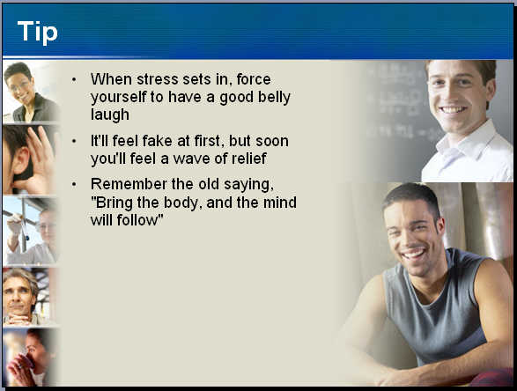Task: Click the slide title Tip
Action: click(38, 33)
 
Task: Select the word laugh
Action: click(110, 115)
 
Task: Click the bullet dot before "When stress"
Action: click(74, 79)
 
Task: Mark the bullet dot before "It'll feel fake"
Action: click(74, 141)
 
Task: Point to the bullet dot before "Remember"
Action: click(74, 184)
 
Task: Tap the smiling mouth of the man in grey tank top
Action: click(413, 255)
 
